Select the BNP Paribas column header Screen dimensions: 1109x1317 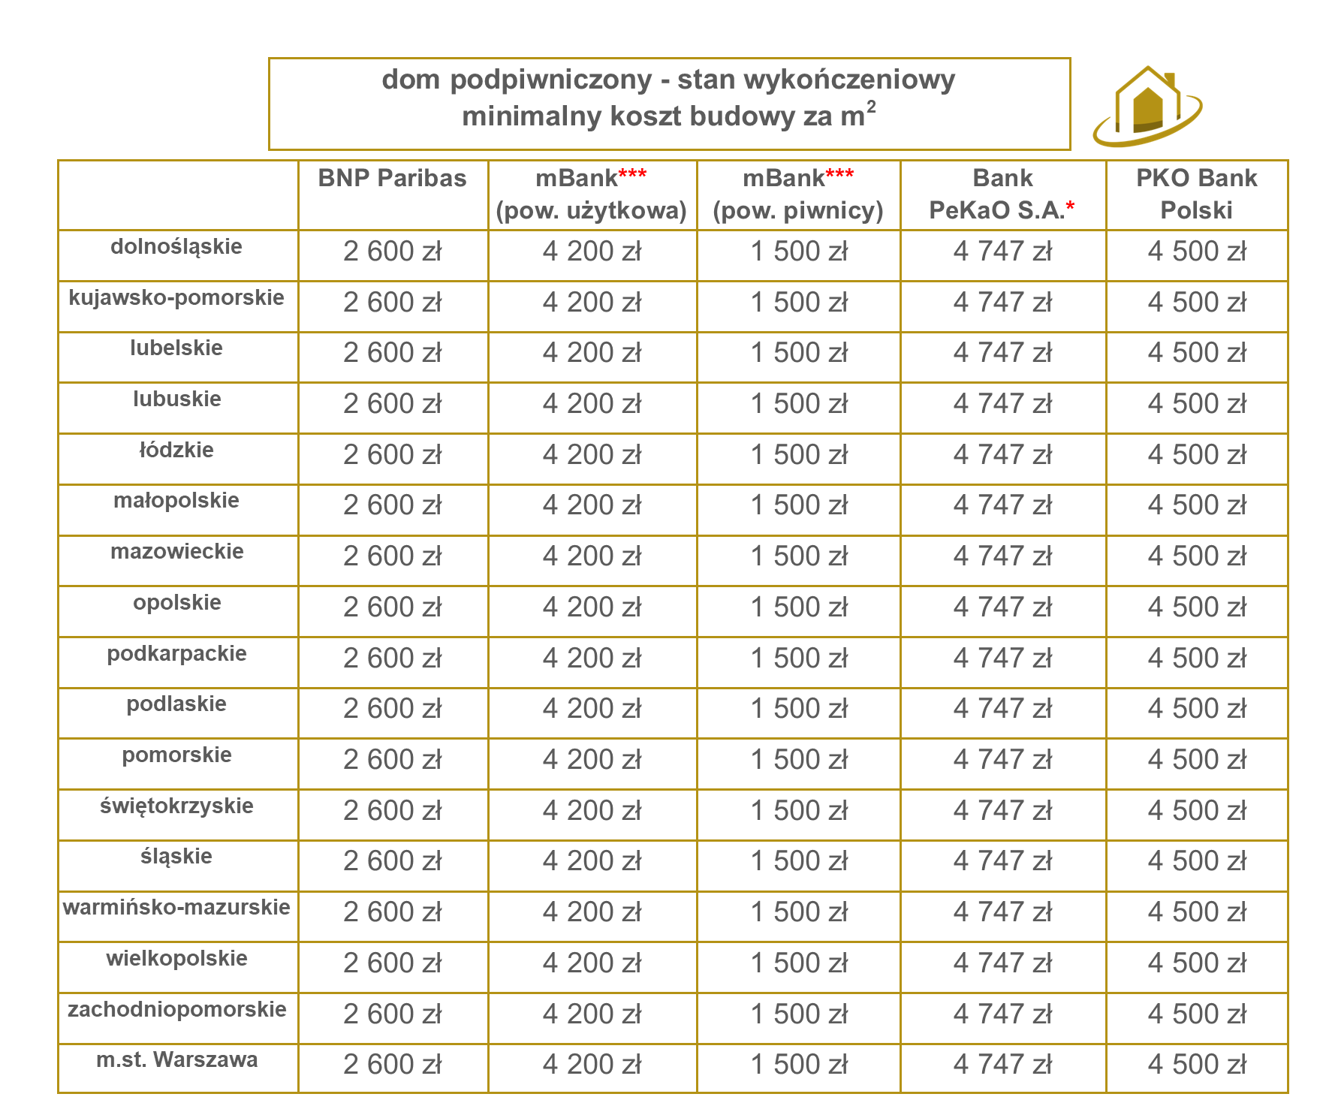tap(392, 179)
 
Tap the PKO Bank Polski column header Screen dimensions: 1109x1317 tap(1196, 194)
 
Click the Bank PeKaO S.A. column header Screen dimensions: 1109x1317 tap(1002, 194)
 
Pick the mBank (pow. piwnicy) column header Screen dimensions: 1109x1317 tap(798, 194)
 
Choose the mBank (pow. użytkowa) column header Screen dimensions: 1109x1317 tap(592, 194)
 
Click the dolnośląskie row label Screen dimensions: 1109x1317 tap(176, 247)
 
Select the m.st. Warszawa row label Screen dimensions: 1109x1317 tap(177, 1060)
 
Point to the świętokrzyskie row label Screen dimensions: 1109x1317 tap(176, 806)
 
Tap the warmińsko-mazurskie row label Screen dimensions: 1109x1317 tap(176, 908)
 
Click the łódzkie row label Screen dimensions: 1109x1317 tap(176, 451)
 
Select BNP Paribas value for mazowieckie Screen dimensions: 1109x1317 tap(393, 556)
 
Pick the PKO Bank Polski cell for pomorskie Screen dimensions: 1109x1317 tap(1197, 760)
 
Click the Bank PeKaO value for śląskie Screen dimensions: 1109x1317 tap(1002, 861)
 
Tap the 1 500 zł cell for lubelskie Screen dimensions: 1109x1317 tap(799, 353)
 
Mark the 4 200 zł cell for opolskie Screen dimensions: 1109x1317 tap(592, 607)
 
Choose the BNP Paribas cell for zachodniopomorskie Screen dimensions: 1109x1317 tap(393, 1014)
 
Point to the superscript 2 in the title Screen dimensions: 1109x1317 tap(871, 107)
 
